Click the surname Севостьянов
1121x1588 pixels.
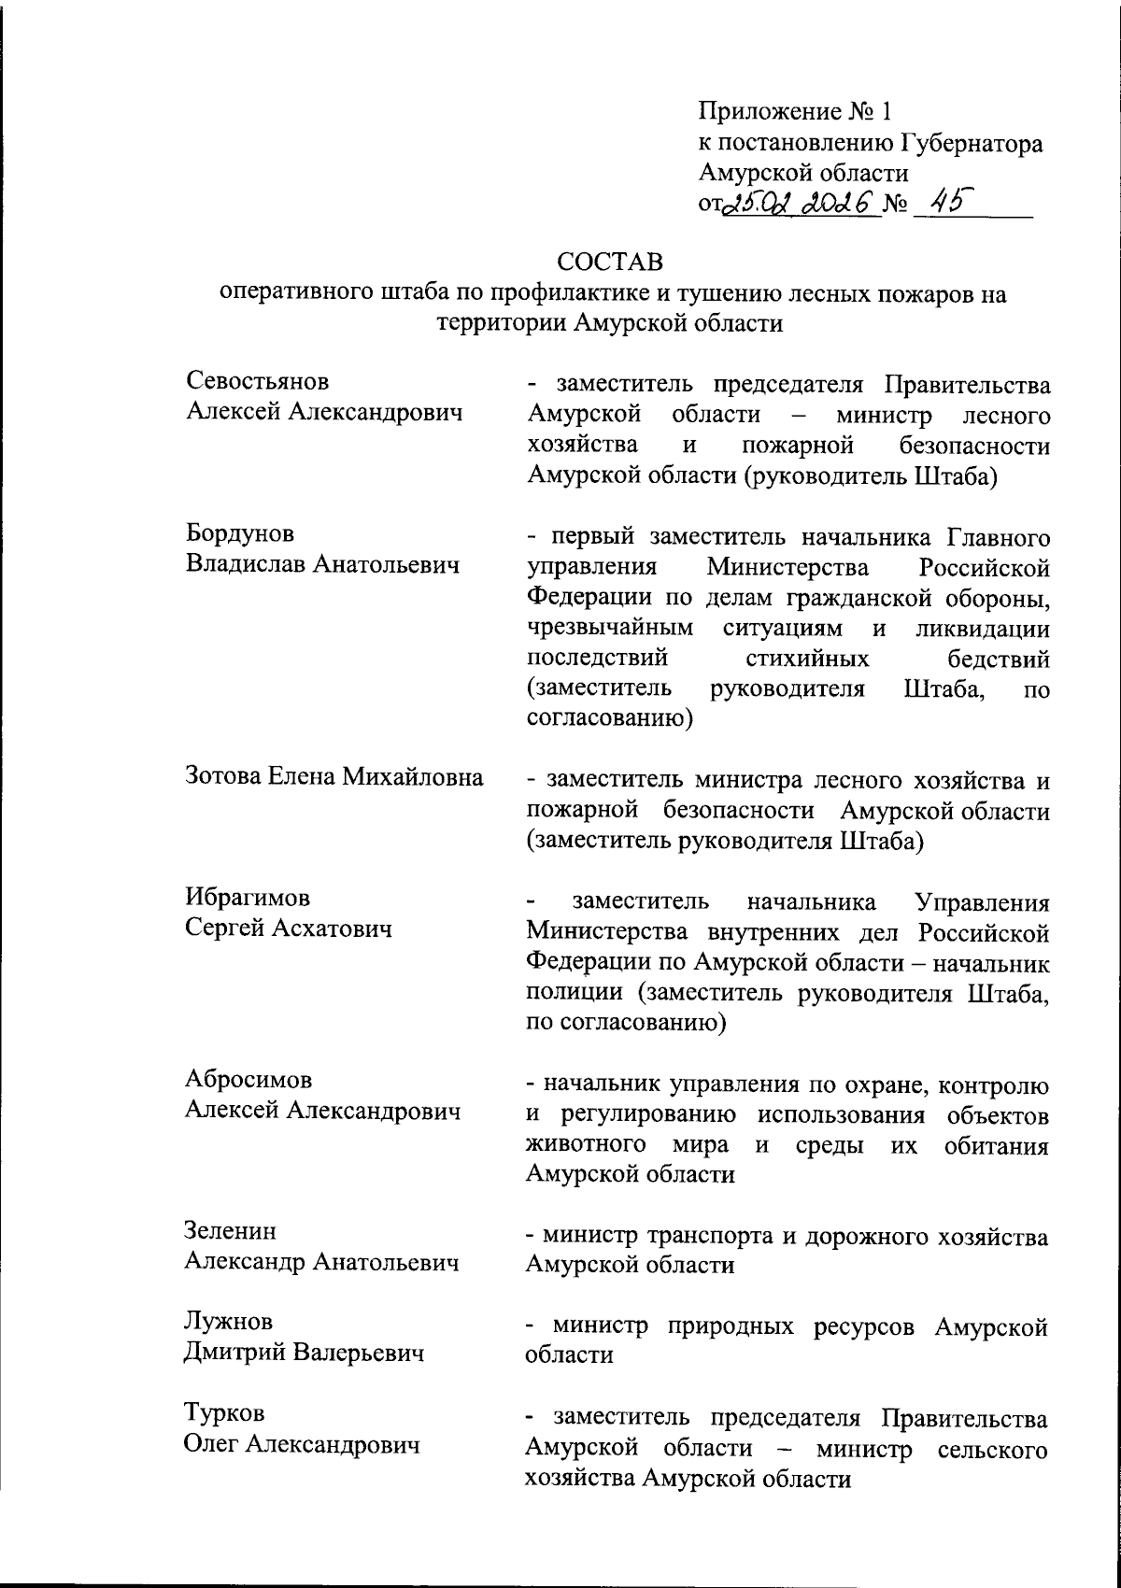tap(258, 382)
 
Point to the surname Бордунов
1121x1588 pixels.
tap(239, 534)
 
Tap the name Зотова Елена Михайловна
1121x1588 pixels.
tap(334, 777)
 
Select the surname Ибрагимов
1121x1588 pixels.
tap(248, 898)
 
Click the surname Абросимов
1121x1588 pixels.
tap(248, 1080)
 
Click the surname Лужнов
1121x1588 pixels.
tap(229, 1322)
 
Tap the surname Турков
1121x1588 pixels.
tap(224, 1413)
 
